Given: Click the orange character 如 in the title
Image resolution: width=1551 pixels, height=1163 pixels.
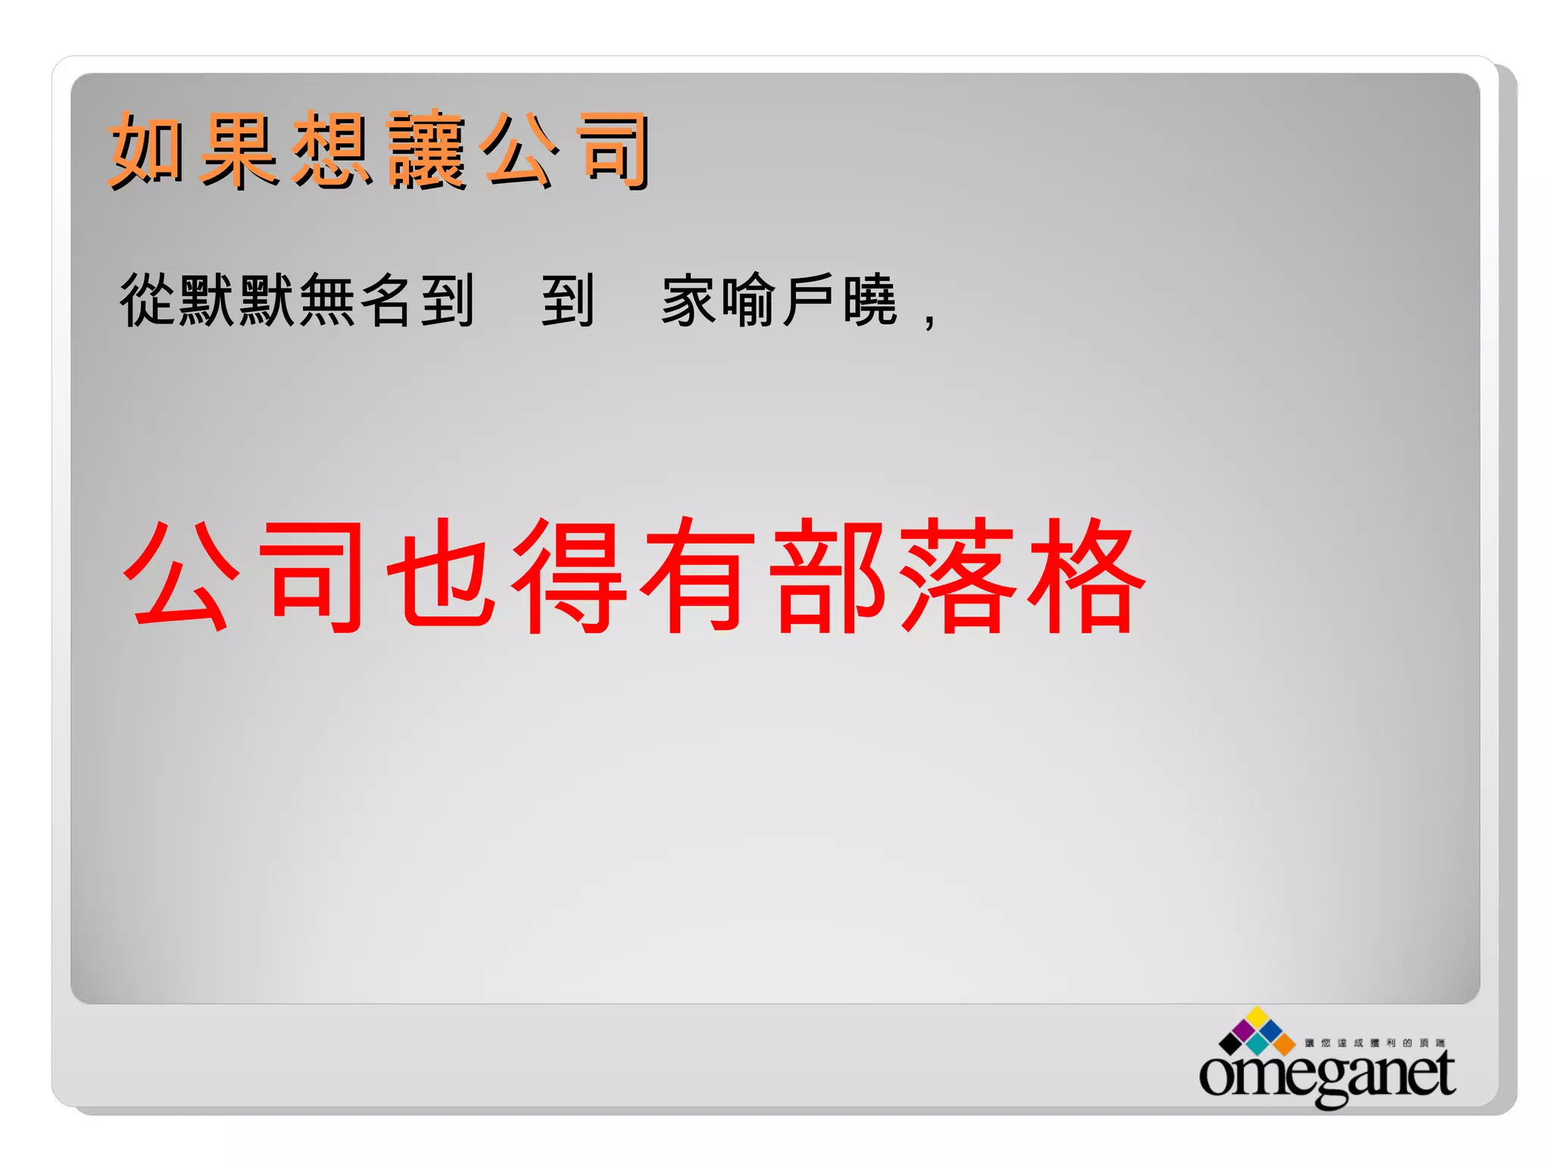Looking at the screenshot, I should pos(147,150).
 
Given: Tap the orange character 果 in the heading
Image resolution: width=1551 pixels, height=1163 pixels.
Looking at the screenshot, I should pos(239,150).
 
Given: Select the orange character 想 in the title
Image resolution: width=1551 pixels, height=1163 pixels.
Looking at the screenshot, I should pos(332,150).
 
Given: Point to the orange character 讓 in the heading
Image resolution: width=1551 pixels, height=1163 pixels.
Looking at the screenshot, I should pos(426,150).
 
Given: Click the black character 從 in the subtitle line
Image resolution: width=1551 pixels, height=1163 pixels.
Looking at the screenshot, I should pos(148,301).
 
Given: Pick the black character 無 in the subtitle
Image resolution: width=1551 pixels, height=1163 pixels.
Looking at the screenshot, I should pos(328,301).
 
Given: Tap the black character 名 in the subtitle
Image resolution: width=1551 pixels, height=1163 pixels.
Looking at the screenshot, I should pos(387,301).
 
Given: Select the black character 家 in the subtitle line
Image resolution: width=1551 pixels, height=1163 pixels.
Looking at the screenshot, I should pos(689,301).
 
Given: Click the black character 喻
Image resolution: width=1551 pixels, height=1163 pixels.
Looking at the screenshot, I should pos(749,301).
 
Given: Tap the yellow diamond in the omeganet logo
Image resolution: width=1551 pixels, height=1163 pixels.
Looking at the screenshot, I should pos(1258,1018).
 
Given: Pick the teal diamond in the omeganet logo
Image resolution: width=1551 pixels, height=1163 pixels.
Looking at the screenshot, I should pos(1258,1044).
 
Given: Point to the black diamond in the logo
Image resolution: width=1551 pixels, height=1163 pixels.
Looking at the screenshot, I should pos(1230,1044).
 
